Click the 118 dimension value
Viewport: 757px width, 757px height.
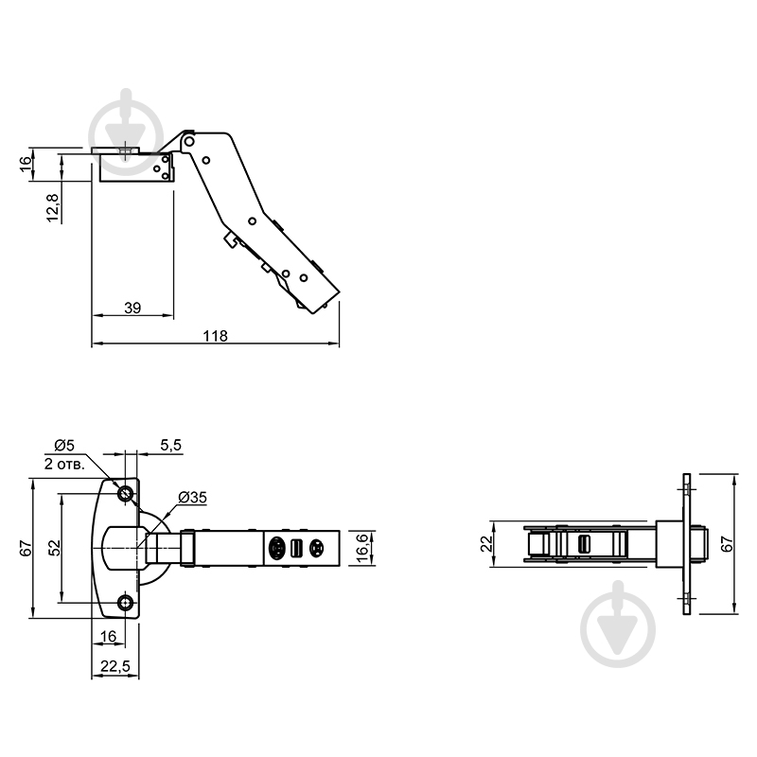(217, 335)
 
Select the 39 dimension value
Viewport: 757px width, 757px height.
(133, 307)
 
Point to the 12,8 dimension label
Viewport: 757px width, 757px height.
(54, 207)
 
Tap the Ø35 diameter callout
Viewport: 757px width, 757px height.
(192, 498)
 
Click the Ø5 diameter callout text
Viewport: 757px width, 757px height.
(64, 445)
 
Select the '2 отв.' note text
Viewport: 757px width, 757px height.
(65, 464)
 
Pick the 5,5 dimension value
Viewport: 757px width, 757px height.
(170, 445)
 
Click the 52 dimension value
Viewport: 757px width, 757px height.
(55, 548)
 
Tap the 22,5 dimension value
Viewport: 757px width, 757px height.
(114, 667)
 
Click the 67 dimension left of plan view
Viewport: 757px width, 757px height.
(26, 548)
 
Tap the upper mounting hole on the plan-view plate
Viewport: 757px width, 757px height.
(125, 494)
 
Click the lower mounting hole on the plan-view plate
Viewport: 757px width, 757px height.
(125, 602)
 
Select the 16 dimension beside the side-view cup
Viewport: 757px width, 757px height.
(26, 163)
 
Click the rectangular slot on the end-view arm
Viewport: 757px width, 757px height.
(584, 544)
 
